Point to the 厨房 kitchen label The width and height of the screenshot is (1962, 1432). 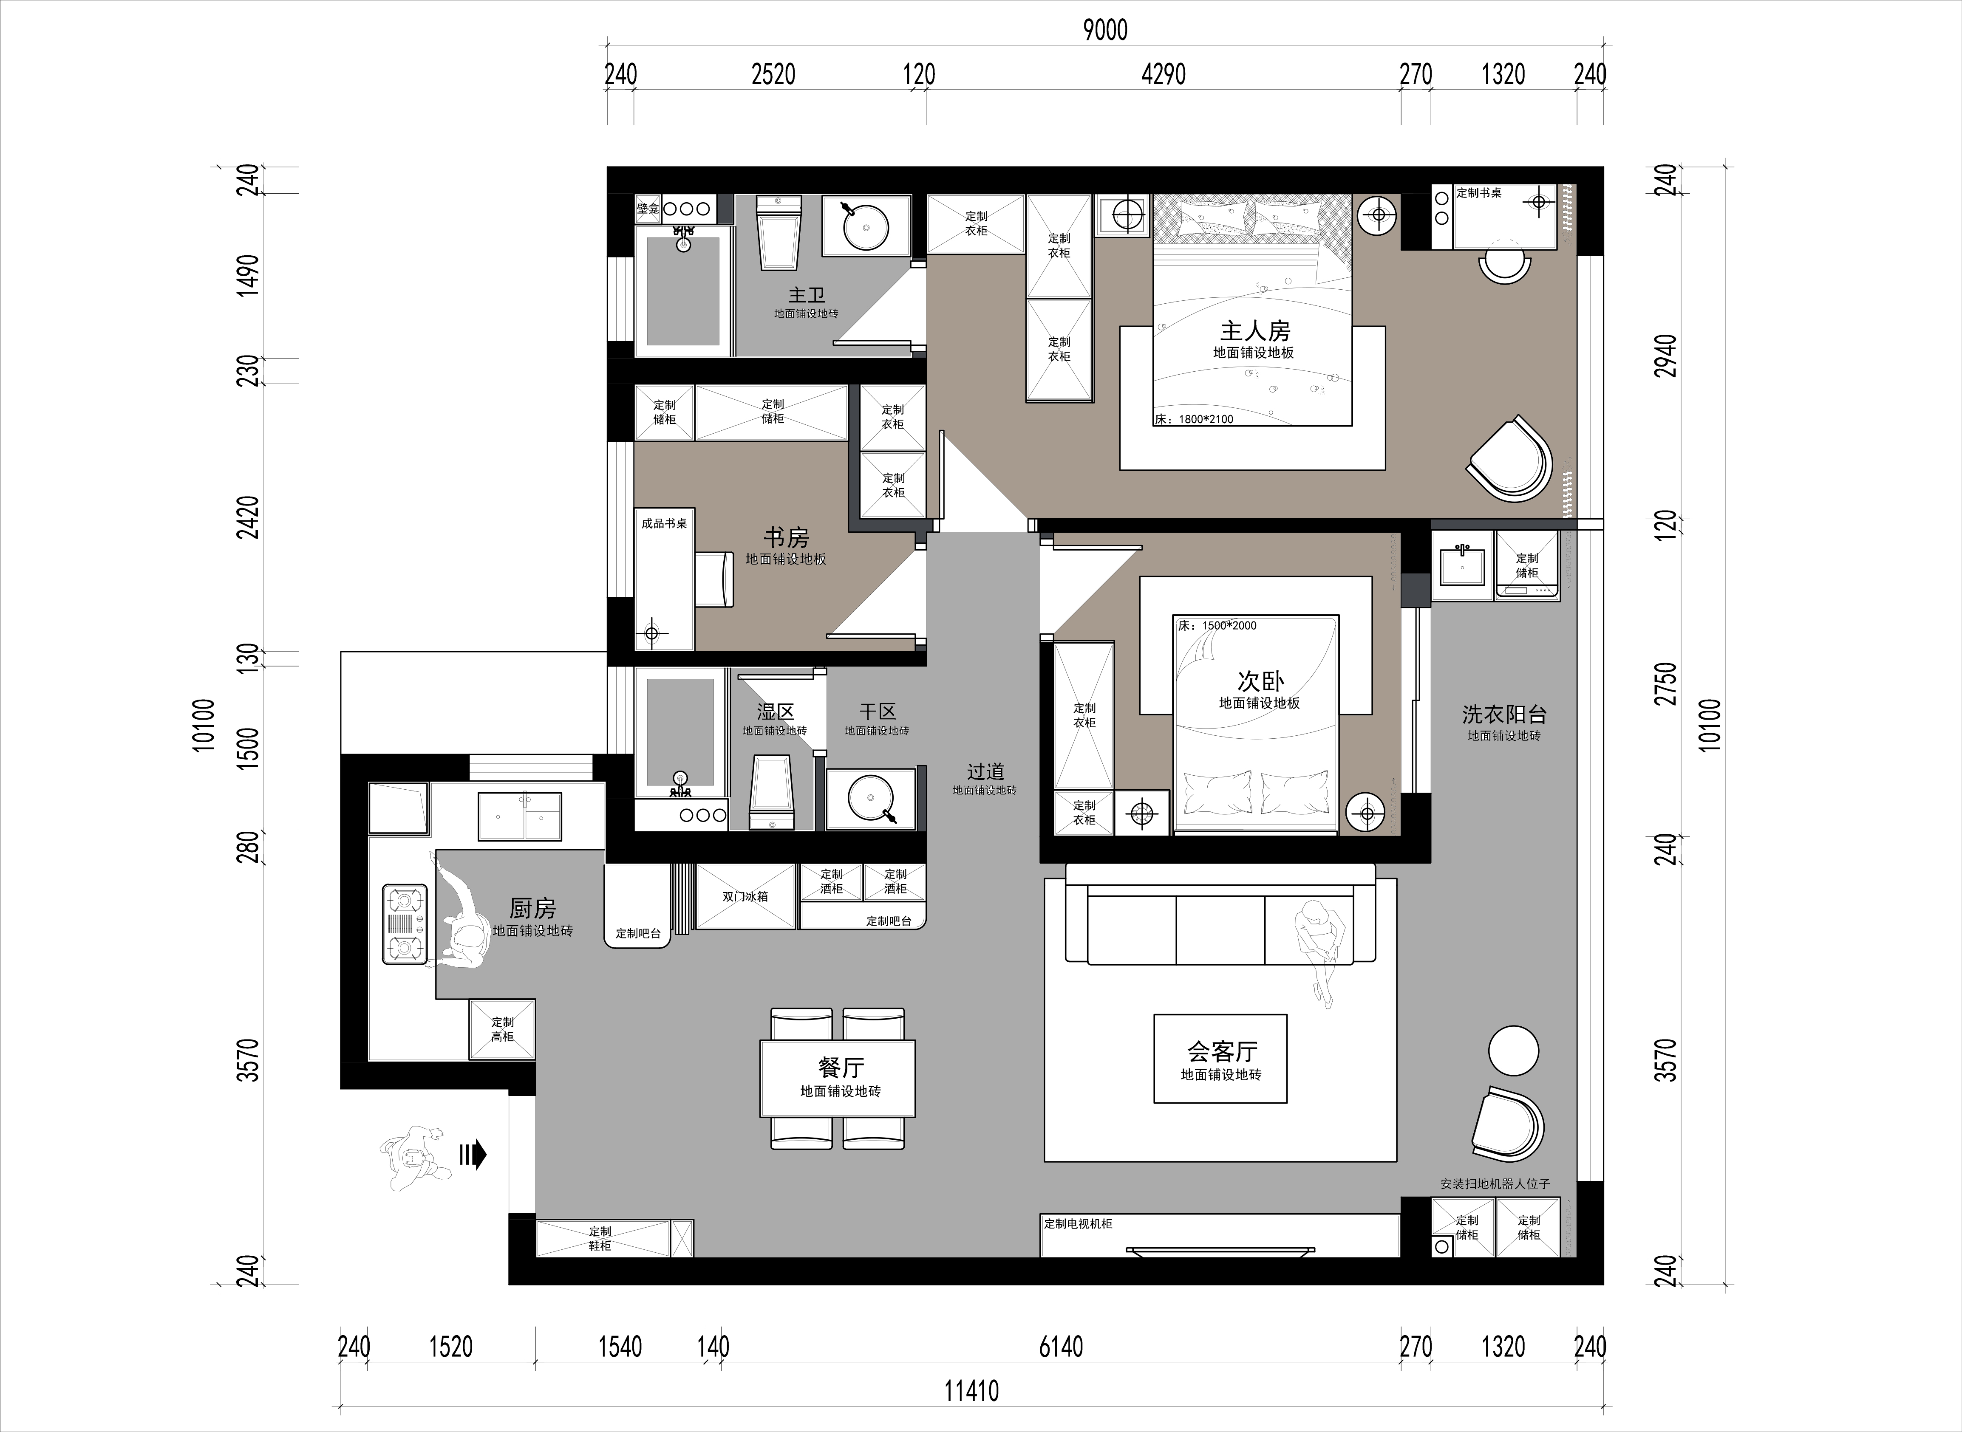coord(532,909)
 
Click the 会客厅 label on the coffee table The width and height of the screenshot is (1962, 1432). coord(1222,1051)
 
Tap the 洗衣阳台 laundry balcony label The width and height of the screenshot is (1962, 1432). coord(1504,714)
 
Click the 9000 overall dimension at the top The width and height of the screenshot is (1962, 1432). coord(1105,30)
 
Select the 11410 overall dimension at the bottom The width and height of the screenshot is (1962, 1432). coord(971,1391)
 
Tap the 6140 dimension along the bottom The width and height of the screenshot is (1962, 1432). coord(1061,1346)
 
